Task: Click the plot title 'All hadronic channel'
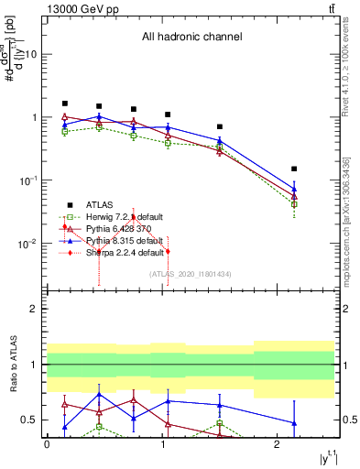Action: pos(191,38)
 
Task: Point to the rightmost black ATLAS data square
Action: pos(294,169)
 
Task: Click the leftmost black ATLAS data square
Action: pos(64,104)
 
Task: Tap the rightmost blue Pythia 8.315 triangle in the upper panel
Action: pos(294,189)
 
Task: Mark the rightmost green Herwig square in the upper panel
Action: pos(294,204)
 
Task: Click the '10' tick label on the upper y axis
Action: pos(31,54)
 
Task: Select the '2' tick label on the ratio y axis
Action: pos(34,309)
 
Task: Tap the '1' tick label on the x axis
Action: pos(162,444)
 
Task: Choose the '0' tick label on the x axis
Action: pos(47,444)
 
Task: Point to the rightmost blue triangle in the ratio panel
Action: pos(294,423)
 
